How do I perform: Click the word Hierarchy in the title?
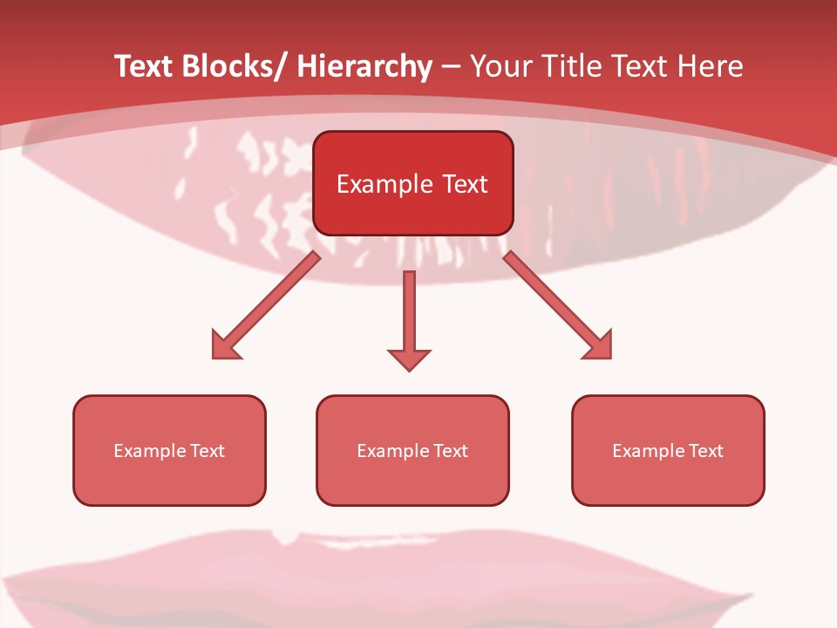[x=364, y=67]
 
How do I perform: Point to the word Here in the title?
[x=710, y=67]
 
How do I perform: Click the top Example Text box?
[x=412, y=183]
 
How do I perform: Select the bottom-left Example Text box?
[x=169, y=450]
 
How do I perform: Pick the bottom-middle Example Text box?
[x=412, y=450]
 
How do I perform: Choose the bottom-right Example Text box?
[x=668, y=450]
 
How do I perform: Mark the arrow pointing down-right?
[x=558, y=305]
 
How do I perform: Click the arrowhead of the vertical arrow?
[x=409, y=358]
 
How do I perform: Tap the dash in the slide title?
[x=451, y=67]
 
